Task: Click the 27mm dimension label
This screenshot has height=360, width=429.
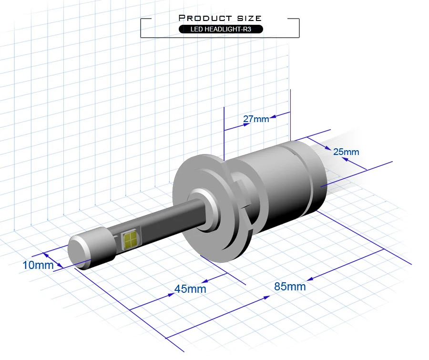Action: click(256, 119)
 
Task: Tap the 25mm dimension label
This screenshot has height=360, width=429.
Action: click(346, 152)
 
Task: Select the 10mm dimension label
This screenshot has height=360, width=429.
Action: click(38, 265)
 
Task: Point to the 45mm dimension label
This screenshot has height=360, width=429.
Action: click(190, 289)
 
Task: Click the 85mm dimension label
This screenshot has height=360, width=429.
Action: click(290, 287)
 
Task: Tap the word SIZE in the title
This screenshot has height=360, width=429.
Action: click(249, 18)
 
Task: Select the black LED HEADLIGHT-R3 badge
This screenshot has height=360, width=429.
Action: click(221, 29)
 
